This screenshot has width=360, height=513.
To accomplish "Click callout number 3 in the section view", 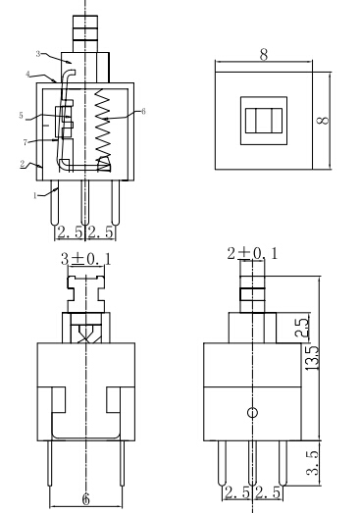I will [37, 53].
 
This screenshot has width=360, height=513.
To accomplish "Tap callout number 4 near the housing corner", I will [30, 74].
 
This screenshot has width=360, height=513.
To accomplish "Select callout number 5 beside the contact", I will [21, 116].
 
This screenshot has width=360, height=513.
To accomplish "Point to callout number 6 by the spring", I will [143, 112].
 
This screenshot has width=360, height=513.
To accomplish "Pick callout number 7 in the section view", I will [25, 143].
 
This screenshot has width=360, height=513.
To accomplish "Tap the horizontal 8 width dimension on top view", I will [263, 57].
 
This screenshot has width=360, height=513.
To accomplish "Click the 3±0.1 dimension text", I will [86, 261].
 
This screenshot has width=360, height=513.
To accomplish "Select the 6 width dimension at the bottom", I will [85, 498].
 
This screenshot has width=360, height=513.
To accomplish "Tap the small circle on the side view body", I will [252, 413].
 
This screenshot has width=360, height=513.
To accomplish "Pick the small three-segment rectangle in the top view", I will [261, 121].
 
